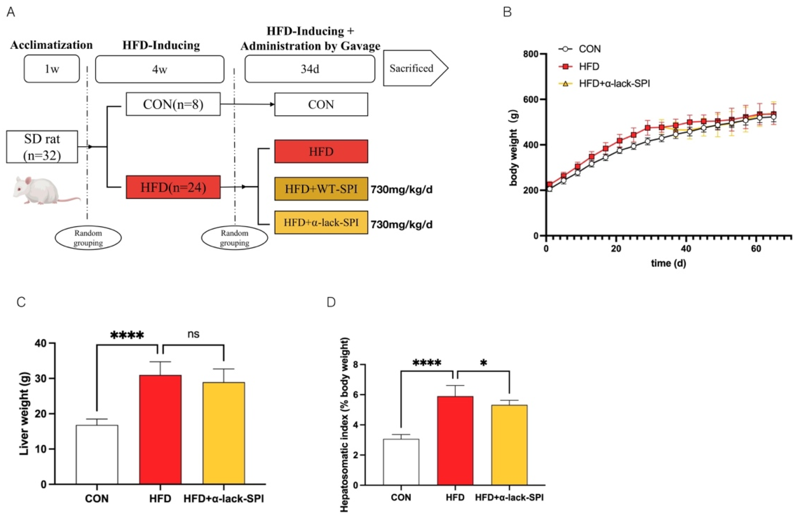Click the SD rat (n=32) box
coord(42,147)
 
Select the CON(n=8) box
coord(173,104)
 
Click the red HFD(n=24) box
coord(173,187)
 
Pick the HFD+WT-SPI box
coord(321,189)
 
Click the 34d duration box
coord(310,69)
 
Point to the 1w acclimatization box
coord(51,69)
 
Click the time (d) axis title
coord(668,263)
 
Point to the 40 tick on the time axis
coord(686,249)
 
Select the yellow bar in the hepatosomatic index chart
coord(509,445)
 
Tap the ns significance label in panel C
coord(193,334)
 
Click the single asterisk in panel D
coord(483,363)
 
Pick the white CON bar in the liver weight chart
coord(97,455)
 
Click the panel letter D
coord(331,302)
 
